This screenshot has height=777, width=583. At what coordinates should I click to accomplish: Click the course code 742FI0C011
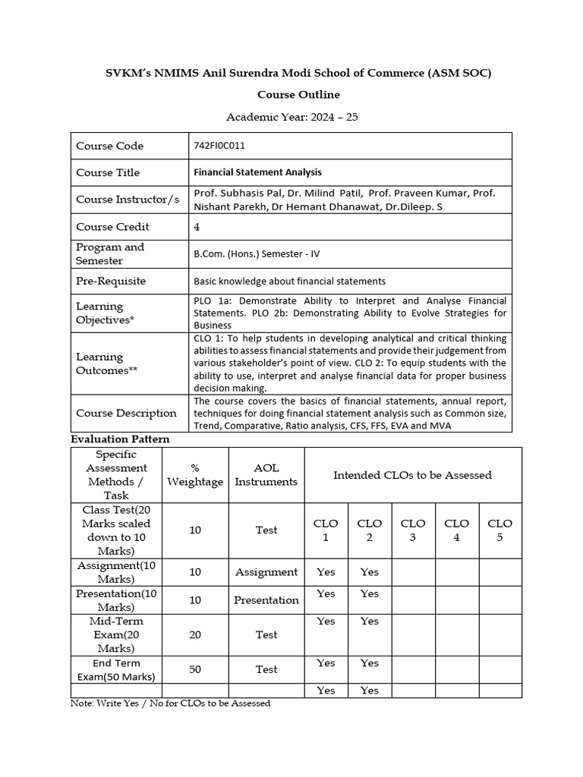[x=219, y=146]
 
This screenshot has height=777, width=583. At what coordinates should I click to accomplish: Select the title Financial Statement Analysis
[x=257, y=172]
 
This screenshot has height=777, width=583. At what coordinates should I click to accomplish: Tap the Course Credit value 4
[x=197, y=226]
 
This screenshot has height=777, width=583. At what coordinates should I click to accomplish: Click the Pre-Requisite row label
[x=111, y=281]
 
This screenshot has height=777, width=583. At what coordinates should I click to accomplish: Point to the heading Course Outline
[x=298, y=95]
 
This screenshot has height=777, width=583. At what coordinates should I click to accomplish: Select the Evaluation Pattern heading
[x=120, y=439]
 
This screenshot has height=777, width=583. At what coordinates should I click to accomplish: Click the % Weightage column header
[x=195, y=475]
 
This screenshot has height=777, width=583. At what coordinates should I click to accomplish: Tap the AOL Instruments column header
[x=266, y=475]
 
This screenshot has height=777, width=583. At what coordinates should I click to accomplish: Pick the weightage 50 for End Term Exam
[x=195, y=669]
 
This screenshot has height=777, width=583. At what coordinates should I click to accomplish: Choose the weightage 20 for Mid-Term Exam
[x=195, y=634]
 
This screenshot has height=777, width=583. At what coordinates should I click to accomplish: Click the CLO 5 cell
[x=499, y=530]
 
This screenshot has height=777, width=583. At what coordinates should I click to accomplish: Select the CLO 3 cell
[x=412, y=530]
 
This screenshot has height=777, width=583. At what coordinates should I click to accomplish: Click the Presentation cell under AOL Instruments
[x=266, y=599]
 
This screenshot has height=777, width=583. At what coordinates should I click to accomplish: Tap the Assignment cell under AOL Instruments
[x=266, y=572]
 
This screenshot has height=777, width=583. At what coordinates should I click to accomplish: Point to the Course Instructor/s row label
[x=128, y=200]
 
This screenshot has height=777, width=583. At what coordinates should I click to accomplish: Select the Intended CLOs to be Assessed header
[x=412, y=475]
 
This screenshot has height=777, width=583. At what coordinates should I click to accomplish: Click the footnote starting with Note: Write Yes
[x=170, y=703]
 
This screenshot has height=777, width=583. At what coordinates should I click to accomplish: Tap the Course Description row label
[x=126, y=414]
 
